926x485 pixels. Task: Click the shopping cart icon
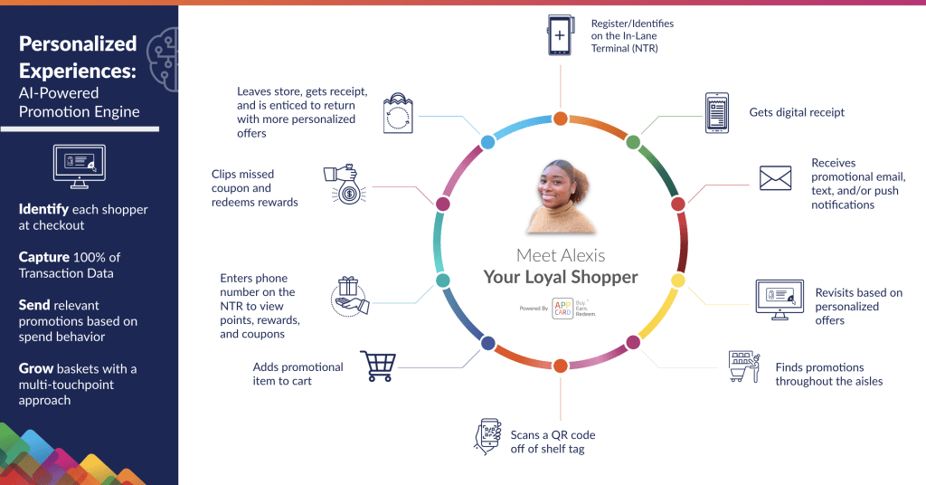[x=378, y=366]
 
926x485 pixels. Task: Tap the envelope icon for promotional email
[x=775, y=178]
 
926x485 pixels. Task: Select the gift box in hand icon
[x=349, y=296]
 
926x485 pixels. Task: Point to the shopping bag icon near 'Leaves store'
[x=398, y=113]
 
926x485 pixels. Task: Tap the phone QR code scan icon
[x=488, y=435]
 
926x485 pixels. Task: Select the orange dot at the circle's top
[x=561, y=119]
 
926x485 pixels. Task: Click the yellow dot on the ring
[x=677, y=281]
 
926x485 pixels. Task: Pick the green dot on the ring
[x=633, y=142]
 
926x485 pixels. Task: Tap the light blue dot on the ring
[x=487, y=142]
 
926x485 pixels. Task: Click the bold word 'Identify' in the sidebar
[x=43, y=209]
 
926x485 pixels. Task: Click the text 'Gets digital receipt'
[x=797, y=112]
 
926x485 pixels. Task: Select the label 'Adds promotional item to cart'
[x=298, y=374]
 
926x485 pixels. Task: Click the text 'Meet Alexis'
[x=560, y=256]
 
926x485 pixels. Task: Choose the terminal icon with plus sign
[x=560, y=36]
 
